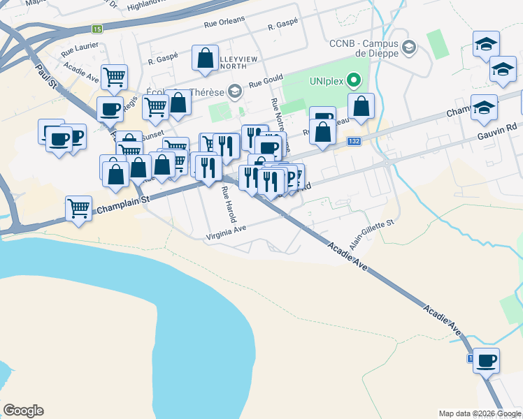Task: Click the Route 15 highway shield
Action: click(97, 29)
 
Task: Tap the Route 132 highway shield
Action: click(355, 141)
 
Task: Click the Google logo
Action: click(23, 411)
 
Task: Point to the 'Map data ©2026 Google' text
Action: click(479, 413)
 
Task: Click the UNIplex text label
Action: click(328, 80)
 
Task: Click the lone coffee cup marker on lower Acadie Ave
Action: click(486, 360)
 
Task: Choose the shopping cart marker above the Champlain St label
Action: click(79, 208)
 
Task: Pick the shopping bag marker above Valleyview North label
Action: click(206, 59)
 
